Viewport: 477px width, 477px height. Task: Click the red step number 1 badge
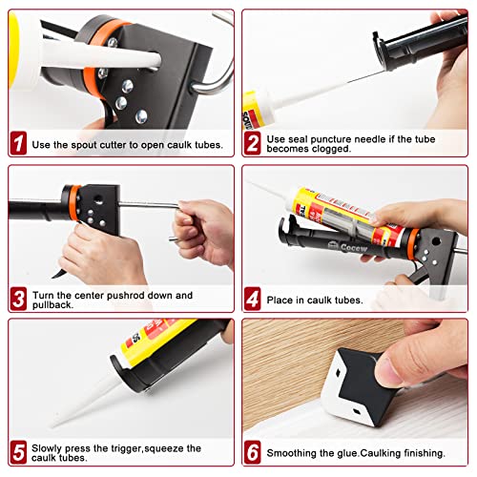point(18,143)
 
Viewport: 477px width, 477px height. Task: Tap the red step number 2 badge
point(253,143)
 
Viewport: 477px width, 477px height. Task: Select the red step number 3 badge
point(18,299)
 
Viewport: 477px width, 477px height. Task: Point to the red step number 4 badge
point(253,299)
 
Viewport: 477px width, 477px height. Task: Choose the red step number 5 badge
point(18,452)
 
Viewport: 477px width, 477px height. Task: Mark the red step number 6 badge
point(253,452)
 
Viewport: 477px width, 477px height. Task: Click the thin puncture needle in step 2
point(365,77)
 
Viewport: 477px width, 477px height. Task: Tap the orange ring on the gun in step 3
point(74,202)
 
